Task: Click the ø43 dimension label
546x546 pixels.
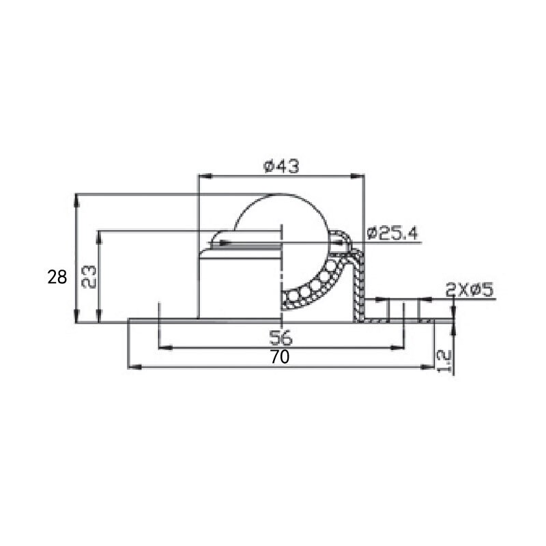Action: (x=281, y=166)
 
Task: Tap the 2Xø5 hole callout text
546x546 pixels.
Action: (x=470, y=289)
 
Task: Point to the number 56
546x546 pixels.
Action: (x=281, y=336)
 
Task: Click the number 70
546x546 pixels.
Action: (x=280, y=357)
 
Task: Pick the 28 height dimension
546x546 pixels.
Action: (x=57, y=277)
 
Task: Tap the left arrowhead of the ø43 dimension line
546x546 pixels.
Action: (x=202, y=177)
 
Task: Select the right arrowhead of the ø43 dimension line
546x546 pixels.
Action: (x=359, y=177)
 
